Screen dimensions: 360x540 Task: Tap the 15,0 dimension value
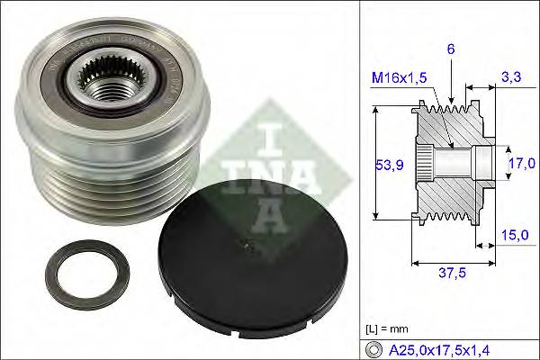513,235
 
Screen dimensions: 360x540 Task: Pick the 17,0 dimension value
517,165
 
